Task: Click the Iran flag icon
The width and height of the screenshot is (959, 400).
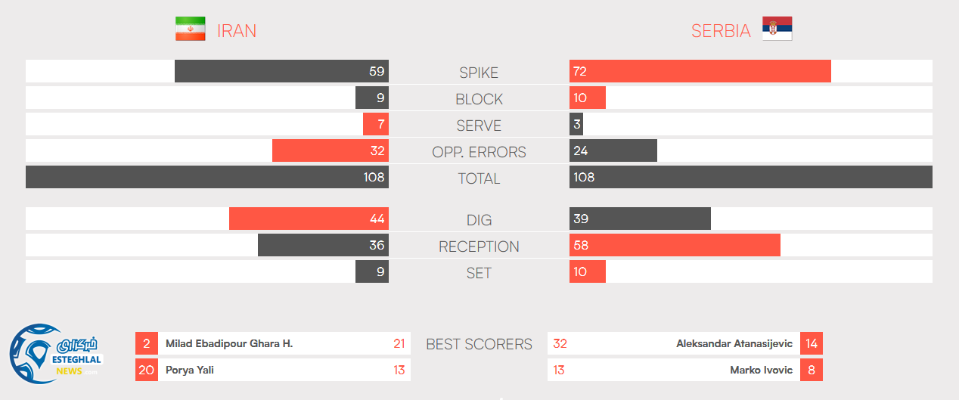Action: tap(191, 29)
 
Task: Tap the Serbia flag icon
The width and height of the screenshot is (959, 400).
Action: tap(777, 29)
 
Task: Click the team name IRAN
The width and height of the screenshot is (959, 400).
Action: tap(237, 31)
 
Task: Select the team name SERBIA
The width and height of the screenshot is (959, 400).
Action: tap(721, 31)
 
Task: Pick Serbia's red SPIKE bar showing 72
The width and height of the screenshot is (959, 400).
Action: tap(700, 71)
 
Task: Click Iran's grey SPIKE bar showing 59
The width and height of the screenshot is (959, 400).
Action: tap(281, 71)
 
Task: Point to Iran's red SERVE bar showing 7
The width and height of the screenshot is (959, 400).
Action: tap(375, 124)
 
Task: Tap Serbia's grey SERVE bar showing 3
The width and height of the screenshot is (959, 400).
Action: tap(576, 124)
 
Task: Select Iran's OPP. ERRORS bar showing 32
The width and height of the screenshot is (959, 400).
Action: tap(330, 150)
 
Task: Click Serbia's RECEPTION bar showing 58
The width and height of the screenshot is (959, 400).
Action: tap(675, 245)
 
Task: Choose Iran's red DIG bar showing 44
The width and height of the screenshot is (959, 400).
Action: tap(309, 219)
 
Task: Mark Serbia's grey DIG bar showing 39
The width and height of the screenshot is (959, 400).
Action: tap(640, 219)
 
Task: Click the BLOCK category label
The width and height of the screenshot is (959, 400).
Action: tap(479, 99)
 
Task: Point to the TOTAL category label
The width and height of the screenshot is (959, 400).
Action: tap(479, 178)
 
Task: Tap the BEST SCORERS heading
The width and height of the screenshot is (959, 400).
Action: tap(479, 344)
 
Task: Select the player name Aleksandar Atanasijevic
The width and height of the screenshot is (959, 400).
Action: tap(734, 343)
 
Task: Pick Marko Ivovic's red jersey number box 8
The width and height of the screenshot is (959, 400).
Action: tap(811, 370)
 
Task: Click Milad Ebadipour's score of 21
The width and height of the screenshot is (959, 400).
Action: tap(399, 343)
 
